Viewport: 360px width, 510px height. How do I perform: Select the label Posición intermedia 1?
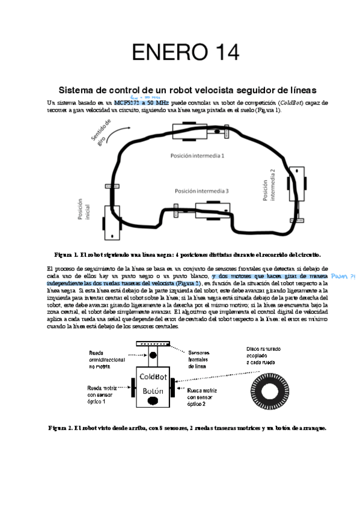pyautogui.click(x=197, y=155)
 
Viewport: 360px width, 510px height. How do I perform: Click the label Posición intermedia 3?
pyautogui.click(x=201, y=191)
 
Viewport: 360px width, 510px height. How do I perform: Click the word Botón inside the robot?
pyautogui.click(x=151, y=392)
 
